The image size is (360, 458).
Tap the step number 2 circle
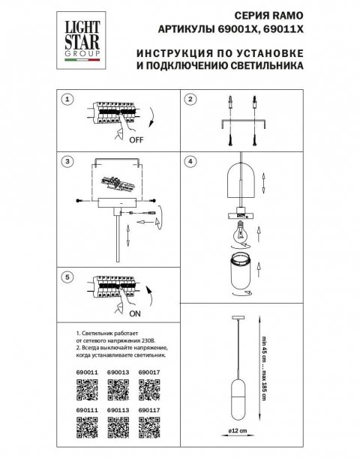tap(190, 98)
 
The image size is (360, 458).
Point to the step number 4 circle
tap(190, 160)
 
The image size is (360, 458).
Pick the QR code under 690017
tap(150, 388)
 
